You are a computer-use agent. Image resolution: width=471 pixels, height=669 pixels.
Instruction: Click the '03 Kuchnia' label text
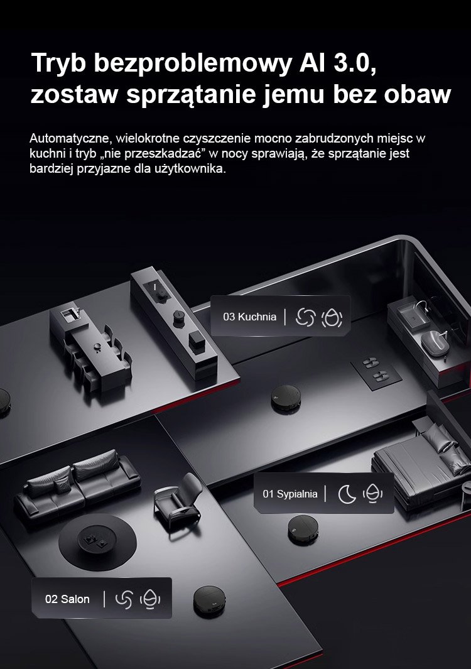point(249,317)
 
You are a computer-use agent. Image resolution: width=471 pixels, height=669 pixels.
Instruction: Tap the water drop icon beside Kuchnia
point(332,317)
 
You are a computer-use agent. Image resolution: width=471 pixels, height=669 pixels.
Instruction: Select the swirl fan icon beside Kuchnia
point(305,317)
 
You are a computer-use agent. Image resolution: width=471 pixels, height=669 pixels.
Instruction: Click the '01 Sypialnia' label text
point(290,494)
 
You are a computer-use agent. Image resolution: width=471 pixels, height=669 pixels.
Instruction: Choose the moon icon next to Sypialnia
point(347,494)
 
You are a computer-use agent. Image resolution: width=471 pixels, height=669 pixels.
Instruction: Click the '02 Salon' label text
point(67,599)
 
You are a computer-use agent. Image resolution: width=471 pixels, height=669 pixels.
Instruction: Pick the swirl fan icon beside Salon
point(124,599)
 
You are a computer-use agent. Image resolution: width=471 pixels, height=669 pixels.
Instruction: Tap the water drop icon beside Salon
point(150,599)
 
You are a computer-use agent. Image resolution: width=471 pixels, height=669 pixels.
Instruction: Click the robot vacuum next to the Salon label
point(209,602)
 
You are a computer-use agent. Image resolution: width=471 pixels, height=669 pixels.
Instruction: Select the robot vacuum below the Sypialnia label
point(303,530)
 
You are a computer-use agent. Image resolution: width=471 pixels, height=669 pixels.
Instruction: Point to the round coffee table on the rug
point(95,542)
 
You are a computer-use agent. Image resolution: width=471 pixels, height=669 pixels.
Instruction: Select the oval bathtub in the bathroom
point(435,342)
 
